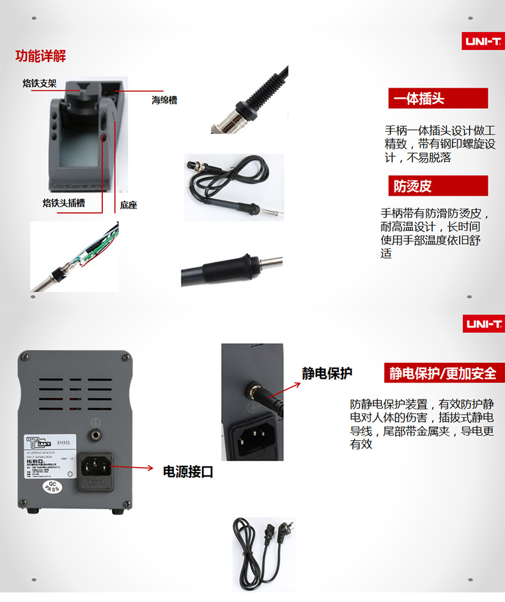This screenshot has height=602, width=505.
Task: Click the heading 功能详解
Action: [x=40, y=56]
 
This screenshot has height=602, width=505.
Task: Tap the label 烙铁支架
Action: [x=40, y=83]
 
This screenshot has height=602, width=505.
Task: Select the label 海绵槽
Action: [x=164, y=100]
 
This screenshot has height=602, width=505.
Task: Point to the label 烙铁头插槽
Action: [x=63, y=203]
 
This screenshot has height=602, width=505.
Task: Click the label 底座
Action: [x=128, y=205]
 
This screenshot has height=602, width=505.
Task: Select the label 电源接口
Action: [x=188, y=472]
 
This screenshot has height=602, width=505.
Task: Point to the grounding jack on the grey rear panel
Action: [x=96, y=435]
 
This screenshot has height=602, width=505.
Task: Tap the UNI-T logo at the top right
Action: [x=483, y=42]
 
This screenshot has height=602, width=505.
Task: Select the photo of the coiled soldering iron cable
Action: [x=234, y=187]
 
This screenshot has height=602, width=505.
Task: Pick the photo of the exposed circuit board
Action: [x=74, y=256]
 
